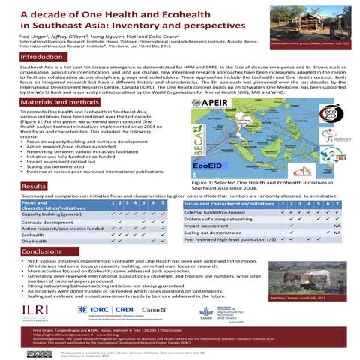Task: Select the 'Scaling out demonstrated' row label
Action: point(218,232)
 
